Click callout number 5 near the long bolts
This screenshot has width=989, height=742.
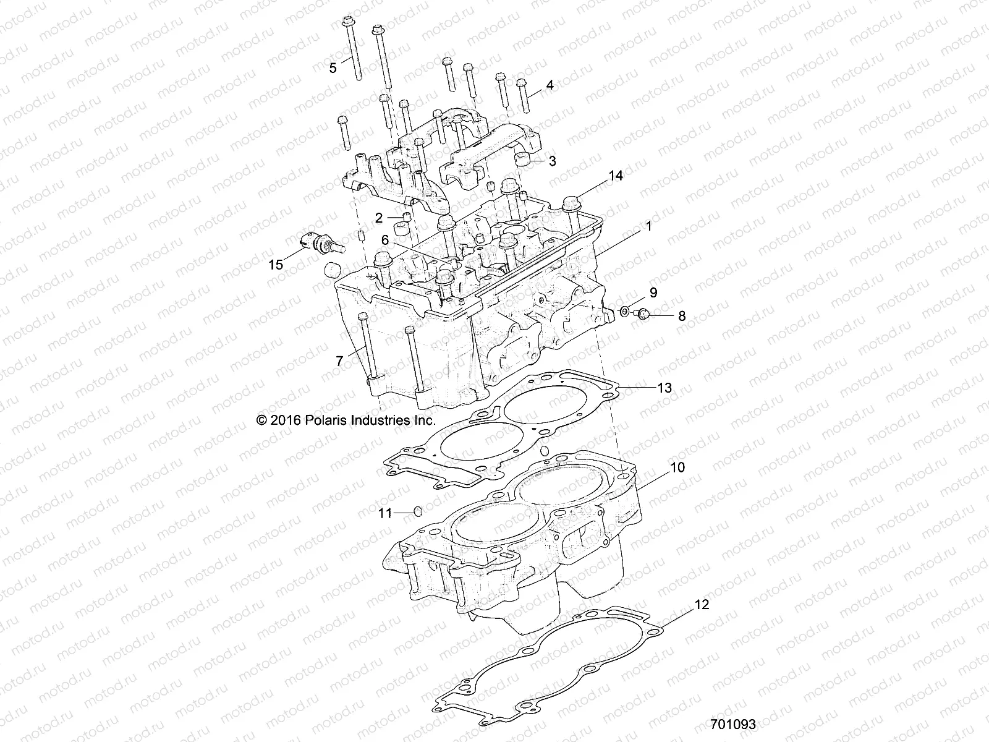333,68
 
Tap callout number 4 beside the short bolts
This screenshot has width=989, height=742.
550,85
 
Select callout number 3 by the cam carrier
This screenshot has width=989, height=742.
552,161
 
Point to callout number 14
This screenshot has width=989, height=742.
616,176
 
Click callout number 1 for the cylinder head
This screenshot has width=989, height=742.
648,227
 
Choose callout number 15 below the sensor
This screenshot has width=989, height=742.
276,265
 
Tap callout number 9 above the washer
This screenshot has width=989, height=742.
653,292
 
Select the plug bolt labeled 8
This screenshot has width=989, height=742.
643,314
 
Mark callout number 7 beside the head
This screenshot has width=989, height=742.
339,361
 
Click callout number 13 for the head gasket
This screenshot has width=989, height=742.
664,388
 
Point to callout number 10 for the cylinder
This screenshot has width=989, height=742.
678,467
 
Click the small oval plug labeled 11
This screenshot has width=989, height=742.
417,511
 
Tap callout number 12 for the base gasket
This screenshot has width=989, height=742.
702,604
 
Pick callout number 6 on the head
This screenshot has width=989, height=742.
384,239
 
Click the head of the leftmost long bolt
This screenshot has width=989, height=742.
346,22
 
